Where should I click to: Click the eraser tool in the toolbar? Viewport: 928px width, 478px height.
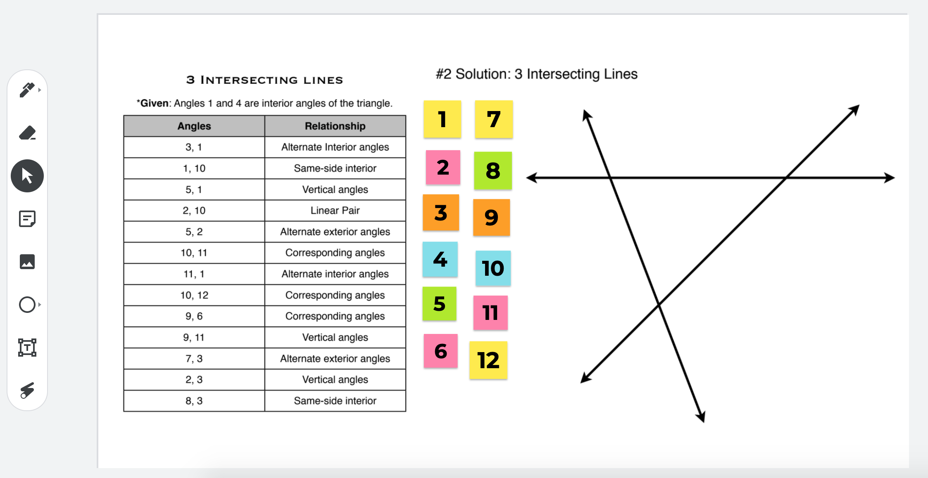pos(27,133)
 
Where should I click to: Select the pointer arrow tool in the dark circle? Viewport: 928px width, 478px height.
pos(27,176)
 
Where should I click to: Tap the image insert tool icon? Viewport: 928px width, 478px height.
pos(27,262)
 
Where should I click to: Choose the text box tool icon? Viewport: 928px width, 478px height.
pos(27,348)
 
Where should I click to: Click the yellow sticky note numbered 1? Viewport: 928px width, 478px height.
pos(442,119)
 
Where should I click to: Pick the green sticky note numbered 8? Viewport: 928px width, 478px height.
pos(493,170)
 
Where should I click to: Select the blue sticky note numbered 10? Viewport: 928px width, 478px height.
pos(493,268)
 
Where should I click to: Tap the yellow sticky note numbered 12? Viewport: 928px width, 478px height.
pos(488,360)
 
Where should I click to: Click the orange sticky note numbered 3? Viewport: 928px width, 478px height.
pos(441,213)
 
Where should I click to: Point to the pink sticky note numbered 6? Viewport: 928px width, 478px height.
pos(441,351)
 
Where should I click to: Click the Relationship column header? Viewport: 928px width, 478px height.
pos(335,126)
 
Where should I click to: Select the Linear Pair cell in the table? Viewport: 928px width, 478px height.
pos(335,211)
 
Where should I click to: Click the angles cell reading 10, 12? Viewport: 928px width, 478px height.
pos(194,295)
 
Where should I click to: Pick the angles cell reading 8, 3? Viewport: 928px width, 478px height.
pos(194,401)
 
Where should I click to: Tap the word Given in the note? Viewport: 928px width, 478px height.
pos(154,103)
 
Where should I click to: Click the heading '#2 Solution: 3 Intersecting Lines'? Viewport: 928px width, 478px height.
pos(536,74)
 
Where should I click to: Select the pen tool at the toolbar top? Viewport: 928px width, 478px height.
pos(27,90)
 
